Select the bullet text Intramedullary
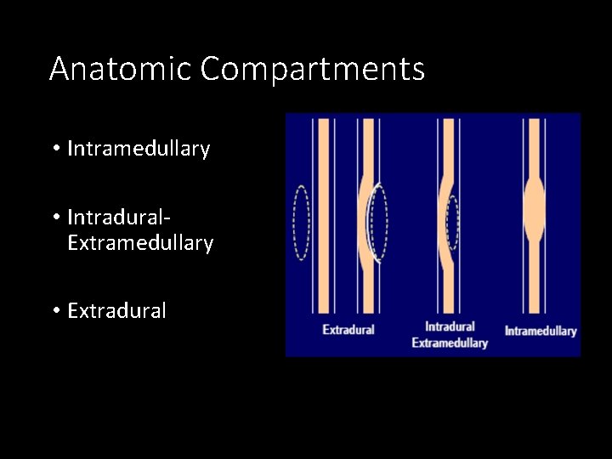(138, 150)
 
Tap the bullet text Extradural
(116, 311)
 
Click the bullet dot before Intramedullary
(54, 150)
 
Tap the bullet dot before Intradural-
(54, 218)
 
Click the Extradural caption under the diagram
(348, 329)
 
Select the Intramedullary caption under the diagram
(541, 331)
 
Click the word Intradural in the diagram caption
(450, 326)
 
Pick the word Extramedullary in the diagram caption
(450, 343)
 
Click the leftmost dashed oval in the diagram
(301, 223)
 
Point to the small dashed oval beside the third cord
(453, 224)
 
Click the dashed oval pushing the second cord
(377, 222)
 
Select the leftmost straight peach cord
(323, 217)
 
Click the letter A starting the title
(59, 68)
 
